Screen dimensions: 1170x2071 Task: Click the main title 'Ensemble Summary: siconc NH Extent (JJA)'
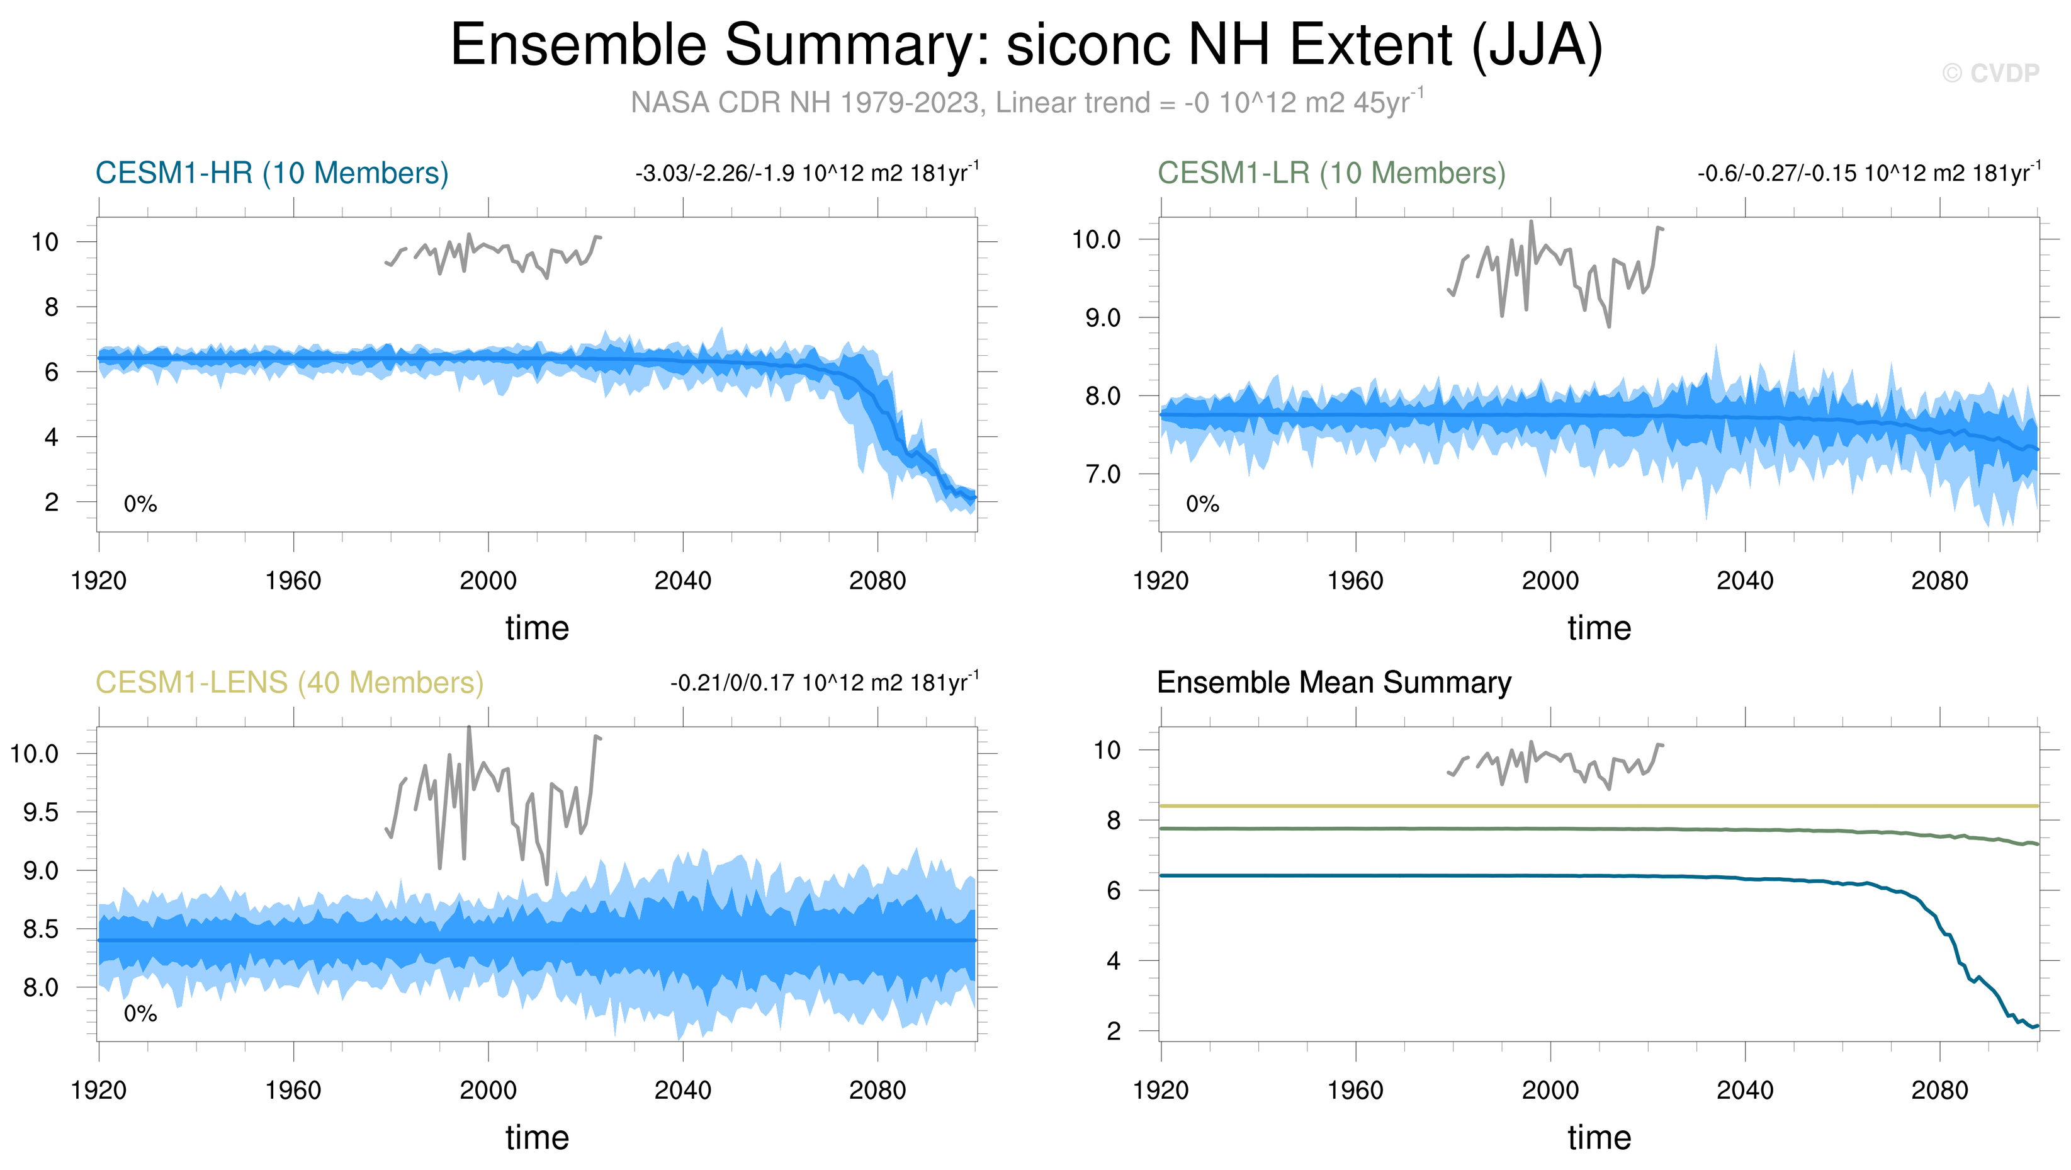click(1026, 45)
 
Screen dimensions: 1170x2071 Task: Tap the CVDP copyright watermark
click(1990, 74)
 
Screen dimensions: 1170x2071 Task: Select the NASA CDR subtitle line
click(1026, 103)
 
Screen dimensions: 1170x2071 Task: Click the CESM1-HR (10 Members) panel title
click(272, 173)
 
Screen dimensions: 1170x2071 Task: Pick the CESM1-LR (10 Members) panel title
click(1331, 173)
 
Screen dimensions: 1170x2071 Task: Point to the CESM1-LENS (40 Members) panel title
click(290, 683)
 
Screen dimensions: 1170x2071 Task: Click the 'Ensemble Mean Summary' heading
click(1334, 683)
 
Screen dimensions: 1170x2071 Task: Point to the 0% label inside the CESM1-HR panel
click(140, 504)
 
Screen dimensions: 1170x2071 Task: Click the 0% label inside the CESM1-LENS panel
click(140, 1014)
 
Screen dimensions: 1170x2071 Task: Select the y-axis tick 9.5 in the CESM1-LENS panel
click(40, 812)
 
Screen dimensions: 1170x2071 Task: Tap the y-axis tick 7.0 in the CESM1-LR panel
click(1102, 474)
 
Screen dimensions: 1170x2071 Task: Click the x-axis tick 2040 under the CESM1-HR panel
click(682, 581)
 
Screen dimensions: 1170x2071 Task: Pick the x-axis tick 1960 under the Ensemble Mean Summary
click(1355, 1091)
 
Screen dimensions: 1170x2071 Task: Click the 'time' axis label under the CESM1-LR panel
click(1599, 628)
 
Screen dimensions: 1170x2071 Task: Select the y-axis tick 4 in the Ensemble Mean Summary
click(1113, 961)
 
